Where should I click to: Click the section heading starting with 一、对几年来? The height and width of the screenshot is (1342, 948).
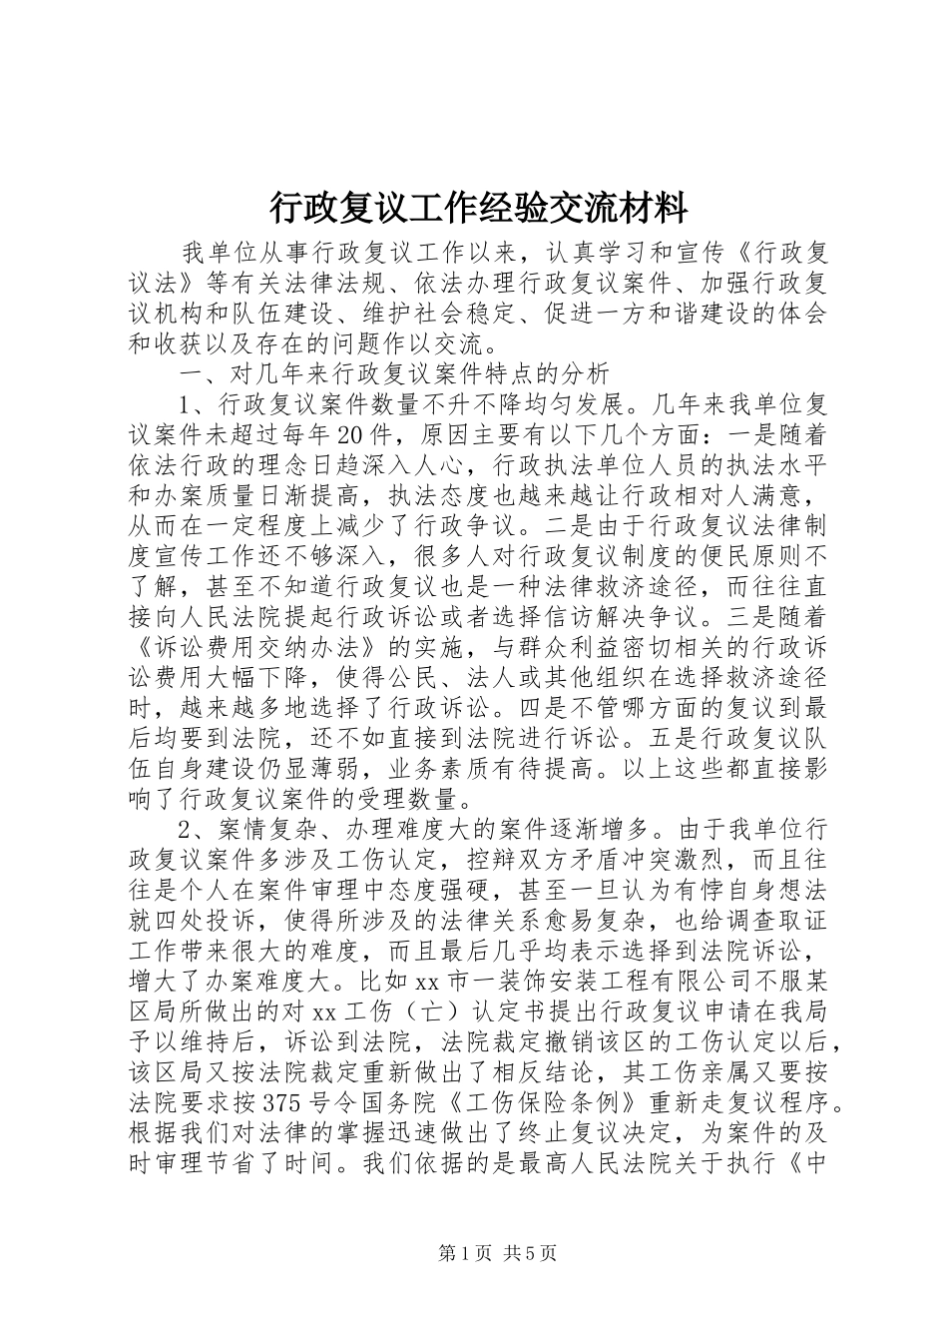[391, 375]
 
